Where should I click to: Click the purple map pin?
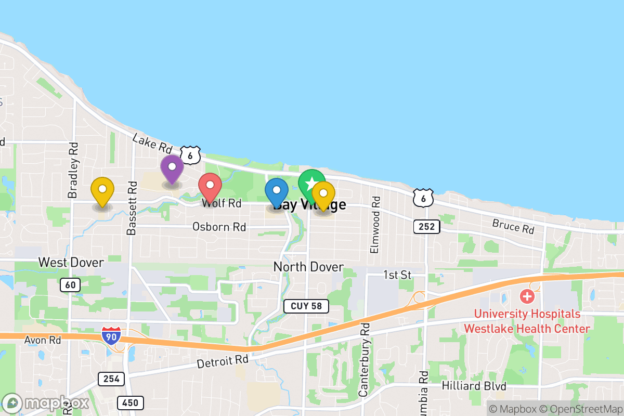tap(172, 167)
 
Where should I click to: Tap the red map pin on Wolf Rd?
tap(210, 186)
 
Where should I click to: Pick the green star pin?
tap(311, 184)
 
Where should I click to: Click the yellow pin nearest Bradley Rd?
tap(102, 190)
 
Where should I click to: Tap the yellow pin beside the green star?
tap(323, 194)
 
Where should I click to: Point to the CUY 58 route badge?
tap(306, 306)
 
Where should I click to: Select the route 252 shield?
tap(427, 226)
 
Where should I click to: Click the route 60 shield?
tap(70, 284)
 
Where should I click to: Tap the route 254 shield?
tap(111, 379)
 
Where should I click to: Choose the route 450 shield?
tap(131, 402)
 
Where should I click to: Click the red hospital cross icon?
tap(527, 297)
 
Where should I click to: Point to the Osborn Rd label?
tap(219, 227)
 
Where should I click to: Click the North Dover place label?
tap(308, 267)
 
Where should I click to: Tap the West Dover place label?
tap(71, 262)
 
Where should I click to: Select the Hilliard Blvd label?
tap(474, 386)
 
